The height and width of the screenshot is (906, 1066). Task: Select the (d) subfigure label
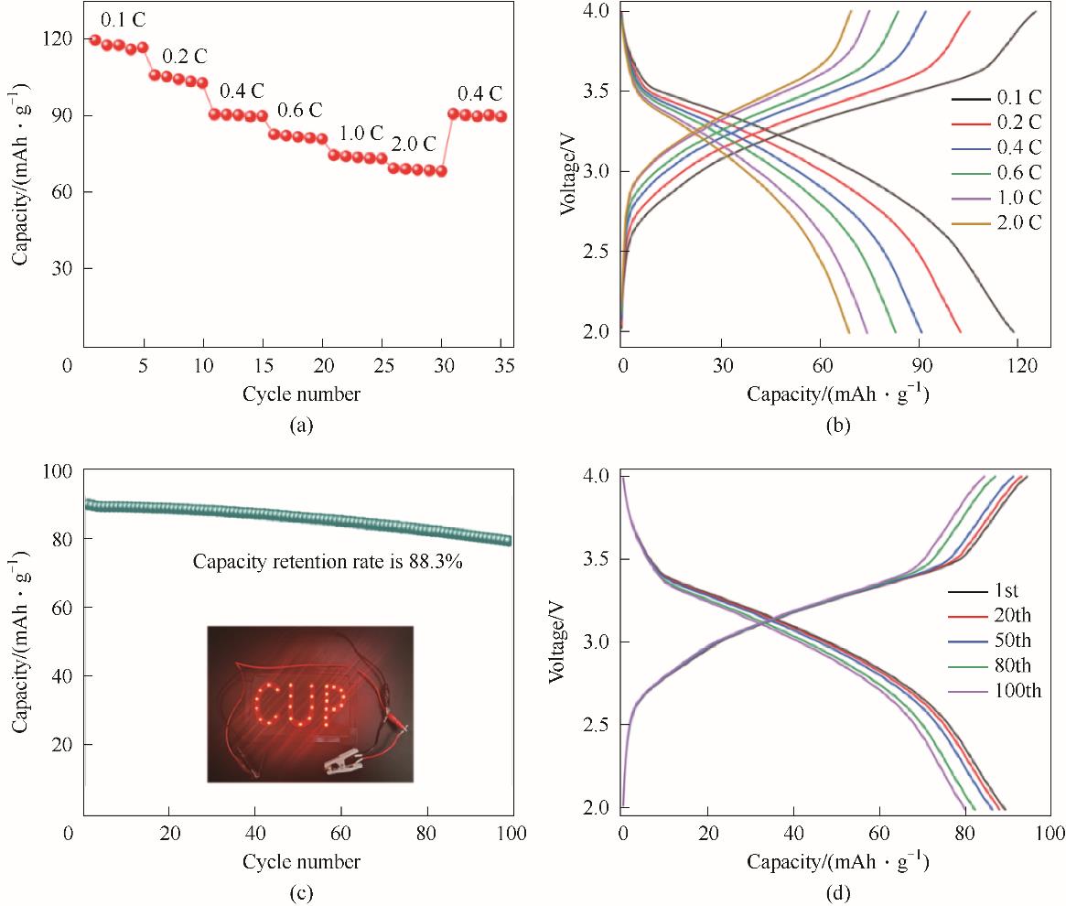click(837, 891)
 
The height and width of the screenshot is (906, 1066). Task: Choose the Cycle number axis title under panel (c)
click(301, 862)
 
